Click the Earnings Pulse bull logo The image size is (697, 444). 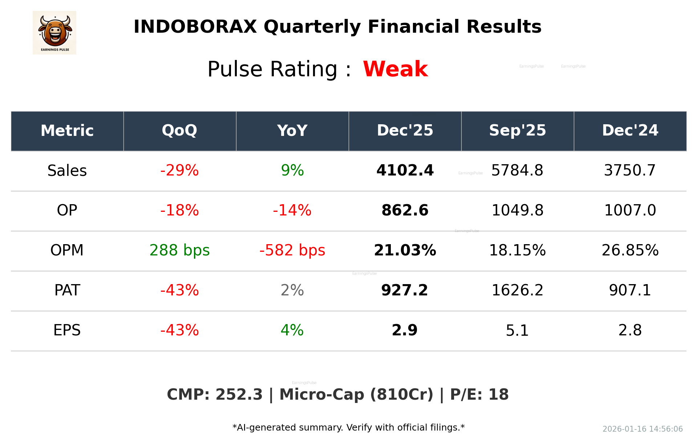(54, 32)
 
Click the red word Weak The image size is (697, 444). (395, 69)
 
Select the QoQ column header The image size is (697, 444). (179, 130)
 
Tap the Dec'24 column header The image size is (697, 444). (630, 130)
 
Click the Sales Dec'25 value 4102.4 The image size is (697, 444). (405, 170)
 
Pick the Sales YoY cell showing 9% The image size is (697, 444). (292, 170)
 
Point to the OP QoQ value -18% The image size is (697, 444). (179, 210)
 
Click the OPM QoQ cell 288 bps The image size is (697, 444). (179, 250)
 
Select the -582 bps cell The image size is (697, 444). (292, 250)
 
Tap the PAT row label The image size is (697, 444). (67, 290)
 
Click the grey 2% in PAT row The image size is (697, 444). (292, 290)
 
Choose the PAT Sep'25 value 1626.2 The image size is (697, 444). (517, 290)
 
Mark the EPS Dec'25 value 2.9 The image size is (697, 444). (405, 330)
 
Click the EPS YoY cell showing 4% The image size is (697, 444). (292, 330)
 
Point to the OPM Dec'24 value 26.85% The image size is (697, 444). (630, 250)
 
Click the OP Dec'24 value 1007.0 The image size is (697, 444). (630, 210)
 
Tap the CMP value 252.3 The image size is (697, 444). (239, 395)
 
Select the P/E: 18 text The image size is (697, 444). (479, 395)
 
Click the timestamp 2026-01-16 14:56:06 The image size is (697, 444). (642, 429)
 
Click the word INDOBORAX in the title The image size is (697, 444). (195, 27)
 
